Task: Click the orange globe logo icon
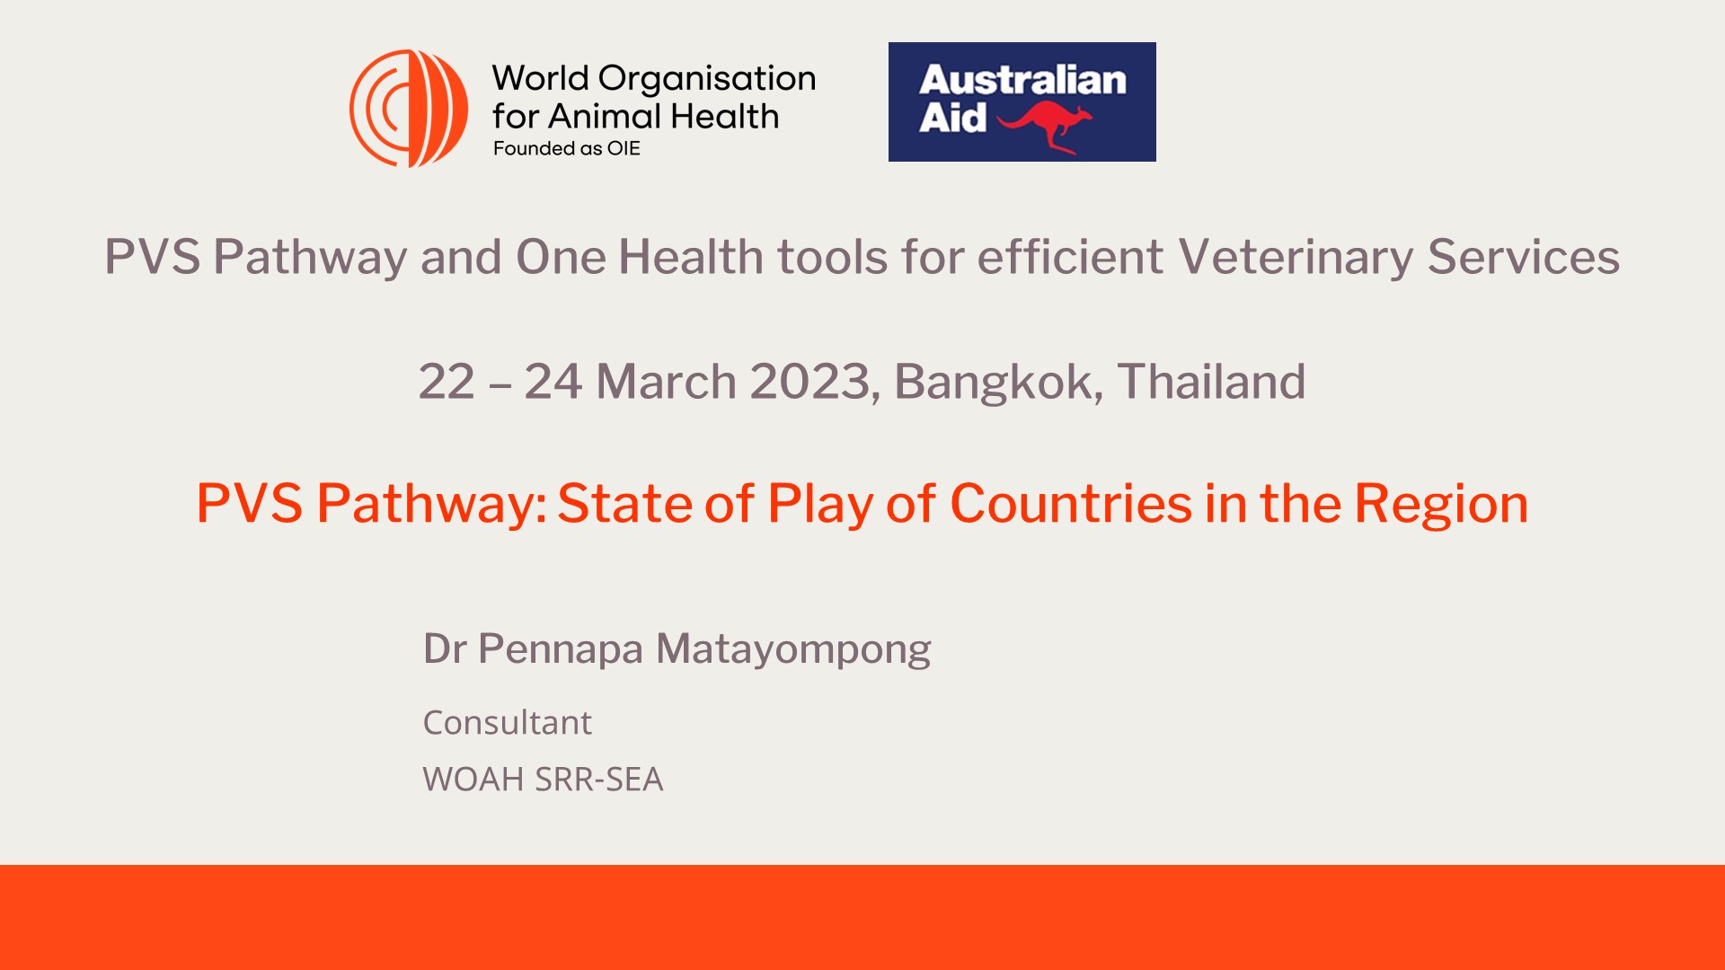pyautogui.click(x=409, y=109)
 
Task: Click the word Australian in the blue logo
pyautogui.click(x=1022, y=80)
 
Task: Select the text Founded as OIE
pyautogui.click(x=566, y=149)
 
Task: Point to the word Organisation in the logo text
pyautogui.click(x=706, y=79)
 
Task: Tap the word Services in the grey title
pyautogui.click(x=1524, y=257)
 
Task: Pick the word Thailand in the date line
pyautogui.click(x=1211, y=382)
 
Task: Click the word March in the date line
pyautogui.click(x=666, y=382)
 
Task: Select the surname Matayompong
pyautogui.click(x=793, y=649)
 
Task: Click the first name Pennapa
pyautogui.click(x=560, y=649)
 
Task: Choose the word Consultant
pyautogui.click(x=507, y=723)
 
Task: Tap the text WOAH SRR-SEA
pyautogui.click(x=543, y=780)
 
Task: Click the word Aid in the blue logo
pyautogui.click(x=951, y=118)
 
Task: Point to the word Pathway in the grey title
pyautogui.click(x=310, y=257)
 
